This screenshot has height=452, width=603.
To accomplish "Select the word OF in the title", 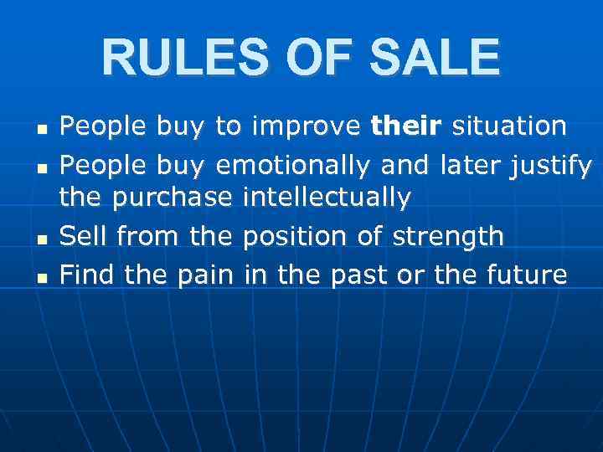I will coord(318,58).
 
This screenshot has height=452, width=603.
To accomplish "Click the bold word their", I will coord(407,126).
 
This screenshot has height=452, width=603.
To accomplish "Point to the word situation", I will coord(509,126).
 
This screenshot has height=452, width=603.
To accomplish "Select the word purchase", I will coord(173,199).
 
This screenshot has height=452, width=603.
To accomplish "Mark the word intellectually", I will coord(327,198).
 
